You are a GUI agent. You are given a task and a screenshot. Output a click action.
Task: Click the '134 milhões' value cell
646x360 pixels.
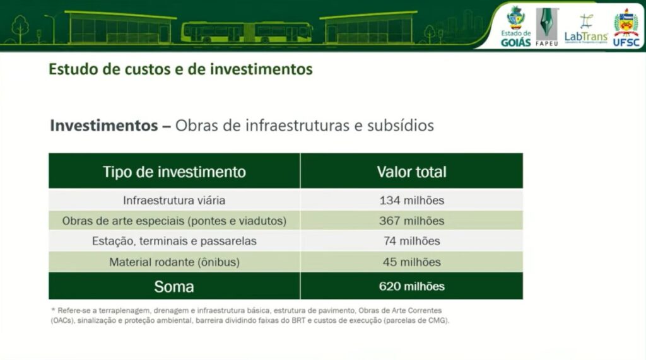[x=411, y=200]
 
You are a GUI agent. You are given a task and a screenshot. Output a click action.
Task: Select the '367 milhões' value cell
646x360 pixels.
[x=411, y=221]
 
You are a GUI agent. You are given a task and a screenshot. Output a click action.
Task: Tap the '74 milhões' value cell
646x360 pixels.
[x=411, y=241]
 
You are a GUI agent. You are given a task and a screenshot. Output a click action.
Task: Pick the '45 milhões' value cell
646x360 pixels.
[x=411, y=262]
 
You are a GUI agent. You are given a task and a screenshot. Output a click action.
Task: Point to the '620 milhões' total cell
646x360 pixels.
[x=411, y=286]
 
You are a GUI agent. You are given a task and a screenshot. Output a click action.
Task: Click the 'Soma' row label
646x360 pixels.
[x=174, y=287]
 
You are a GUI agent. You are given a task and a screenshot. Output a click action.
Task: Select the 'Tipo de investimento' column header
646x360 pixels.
[x=174, y=171]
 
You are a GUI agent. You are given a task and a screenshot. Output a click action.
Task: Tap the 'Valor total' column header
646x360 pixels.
[x=411, y=171]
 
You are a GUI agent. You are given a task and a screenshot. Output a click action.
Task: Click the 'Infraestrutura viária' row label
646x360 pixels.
[x=174, y=200]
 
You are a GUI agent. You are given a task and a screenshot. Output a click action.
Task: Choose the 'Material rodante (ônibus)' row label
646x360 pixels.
[x=174, y=262]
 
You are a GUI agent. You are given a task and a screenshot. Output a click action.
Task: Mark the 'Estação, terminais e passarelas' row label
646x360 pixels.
[x=174, y=241]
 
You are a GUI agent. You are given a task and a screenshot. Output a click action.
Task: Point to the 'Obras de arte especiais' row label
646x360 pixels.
[x=174, y=221]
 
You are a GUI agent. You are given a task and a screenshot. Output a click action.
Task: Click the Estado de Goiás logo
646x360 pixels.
[x=515, y=26]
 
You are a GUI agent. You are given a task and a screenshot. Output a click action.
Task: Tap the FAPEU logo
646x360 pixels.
[x=547, y=26]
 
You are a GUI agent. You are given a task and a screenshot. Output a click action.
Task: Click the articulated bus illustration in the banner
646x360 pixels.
[x=247, y=32]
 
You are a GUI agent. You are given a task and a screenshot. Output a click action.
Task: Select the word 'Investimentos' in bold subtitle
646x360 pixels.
[x=104, y=125]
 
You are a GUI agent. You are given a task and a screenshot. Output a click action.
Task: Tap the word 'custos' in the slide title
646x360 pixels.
[x=148, y=69]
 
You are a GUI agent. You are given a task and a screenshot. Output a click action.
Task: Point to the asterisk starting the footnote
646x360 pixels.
[x=53, y=310]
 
